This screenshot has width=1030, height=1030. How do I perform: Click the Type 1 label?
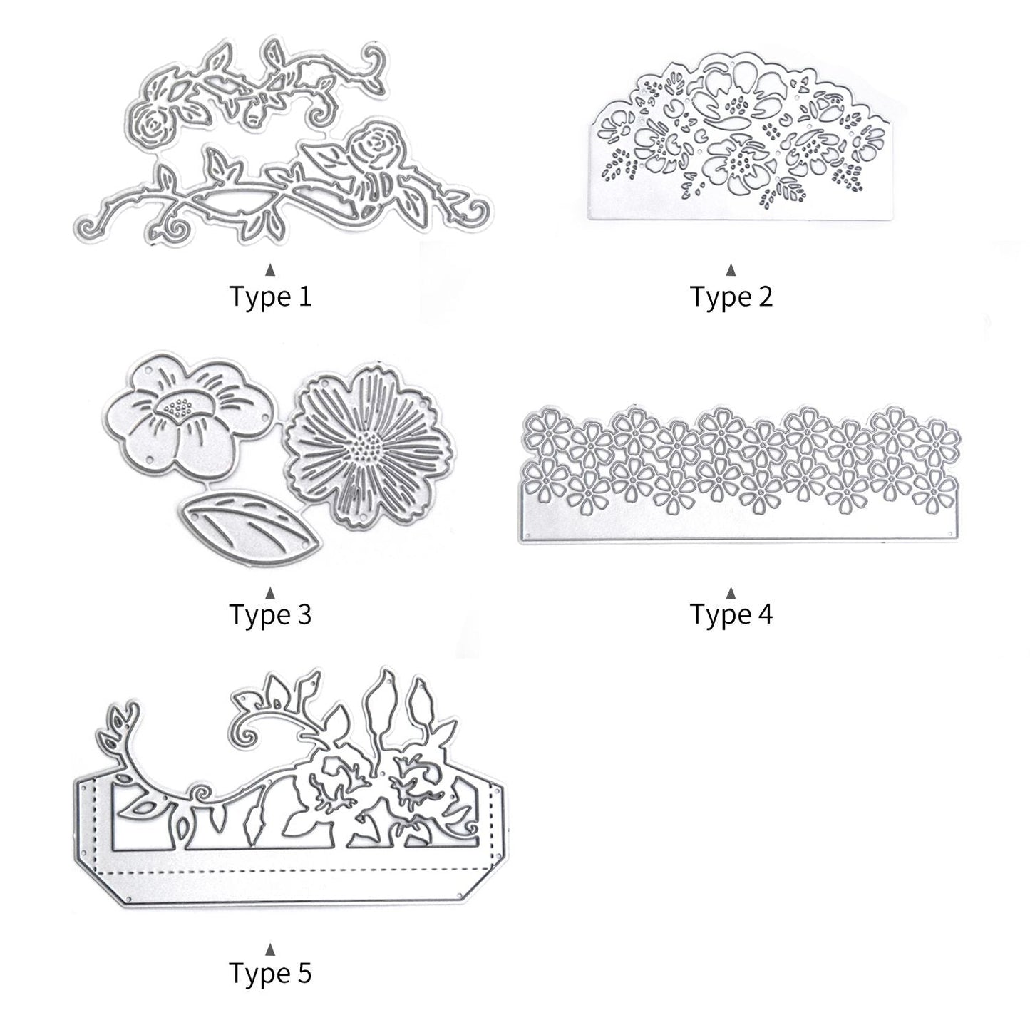click(270, 296)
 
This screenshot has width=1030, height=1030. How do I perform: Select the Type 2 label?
click(731, 296)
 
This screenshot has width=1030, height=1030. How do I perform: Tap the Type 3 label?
click(270, 614)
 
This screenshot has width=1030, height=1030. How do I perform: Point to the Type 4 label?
click(731, 614)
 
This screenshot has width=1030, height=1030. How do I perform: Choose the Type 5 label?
click(270, 972)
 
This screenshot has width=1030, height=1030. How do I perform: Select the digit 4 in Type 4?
click(765, 614)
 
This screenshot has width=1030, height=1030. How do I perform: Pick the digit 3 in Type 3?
click(304, 614)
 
